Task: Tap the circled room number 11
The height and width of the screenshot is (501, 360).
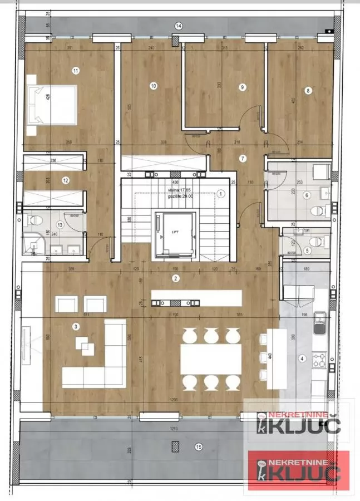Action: [x=76, y=70]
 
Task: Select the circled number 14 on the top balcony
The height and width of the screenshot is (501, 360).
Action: [x=179, y=26]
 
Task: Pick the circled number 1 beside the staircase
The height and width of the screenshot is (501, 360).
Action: [x=220, y=194]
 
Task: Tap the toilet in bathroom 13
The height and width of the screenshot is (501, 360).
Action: [x=33, y=220]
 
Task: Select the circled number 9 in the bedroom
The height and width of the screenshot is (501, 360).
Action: [x=242, y=87]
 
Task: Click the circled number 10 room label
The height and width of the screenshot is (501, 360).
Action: [x=154, y=86]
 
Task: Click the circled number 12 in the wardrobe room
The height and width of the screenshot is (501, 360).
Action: [x=66, y=180]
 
